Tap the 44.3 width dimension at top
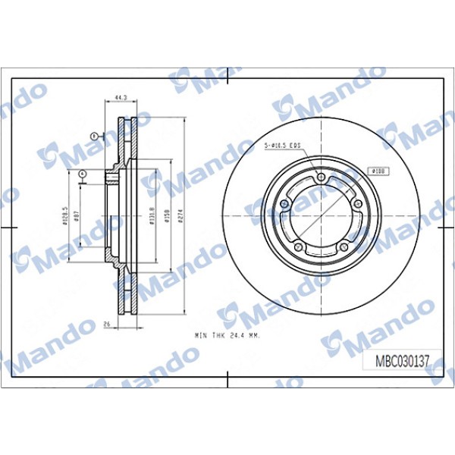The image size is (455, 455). click(119, 98)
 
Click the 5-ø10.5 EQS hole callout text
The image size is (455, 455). click(281, 144)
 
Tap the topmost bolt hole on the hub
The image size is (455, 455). click(321, 177)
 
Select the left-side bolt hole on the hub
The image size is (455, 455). click(285, 204)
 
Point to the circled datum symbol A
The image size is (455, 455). click(81, 174)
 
